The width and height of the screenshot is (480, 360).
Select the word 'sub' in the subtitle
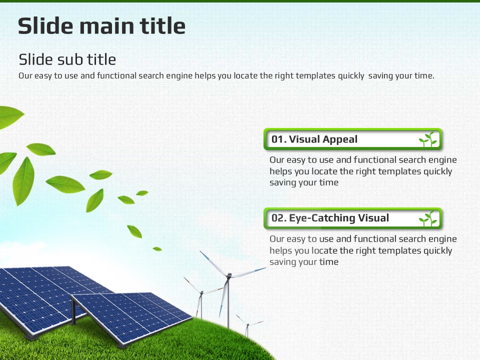[70, 59]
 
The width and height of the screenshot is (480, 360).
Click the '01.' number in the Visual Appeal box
[279, 139]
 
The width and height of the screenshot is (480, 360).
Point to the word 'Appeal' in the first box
[340, 139]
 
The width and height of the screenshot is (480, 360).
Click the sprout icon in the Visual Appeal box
[428, 139]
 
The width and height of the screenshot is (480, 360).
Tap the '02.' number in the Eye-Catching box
[279, 218]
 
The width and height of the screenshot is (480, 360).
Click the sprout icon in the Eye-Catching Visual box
[428, 218]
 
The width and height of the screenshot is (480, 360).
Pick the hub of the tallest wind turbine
[229, 275]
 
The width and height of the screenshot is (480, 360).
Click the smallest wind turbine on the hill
[247, 325]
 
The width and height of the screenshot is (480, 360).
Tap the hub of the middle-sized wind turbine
[201, 292]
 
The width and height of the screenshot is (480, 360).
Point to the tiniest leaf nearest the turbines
[157, 249]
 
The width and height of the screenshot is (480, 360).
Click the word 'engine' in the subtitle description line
[179, 76]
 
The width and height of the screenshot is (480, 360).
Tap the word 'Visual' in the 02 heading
[373, 218]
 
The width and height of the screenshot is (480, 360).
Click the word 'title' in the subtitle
[101, 59]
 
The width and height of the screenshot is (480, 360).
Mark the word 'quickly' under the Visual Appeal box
[438, 171]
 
